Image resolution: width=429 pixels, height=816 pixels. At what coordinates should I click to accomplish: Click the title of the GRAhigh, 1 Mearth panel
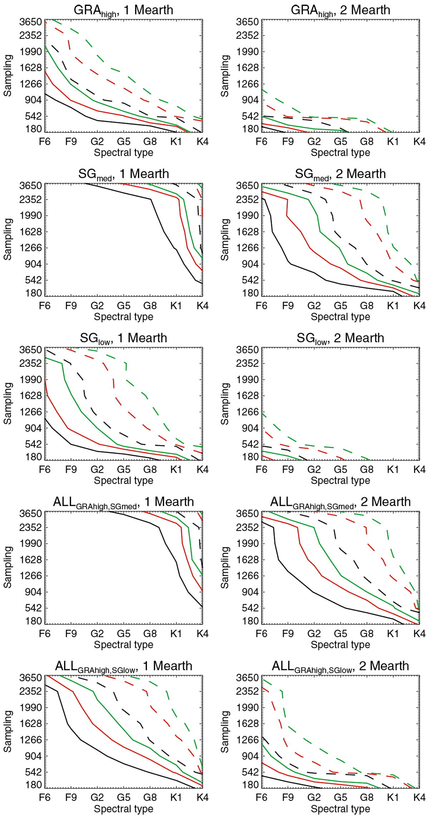pyautogui.click(x=123, y=10)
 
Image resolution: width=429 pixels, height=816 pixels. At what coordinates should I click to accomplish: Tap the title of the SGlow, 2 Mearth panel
pyautogui.click(x=340, y=338)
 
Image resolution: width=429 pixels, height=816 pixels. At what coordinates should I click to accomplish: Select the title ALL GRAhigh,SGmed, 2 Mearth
pyautogui.click(x=340, y=502)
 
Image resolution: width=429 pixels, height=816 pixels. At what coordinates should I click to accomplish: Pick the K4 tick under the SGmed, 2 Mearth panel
pyautogui.click(x=419, y=306)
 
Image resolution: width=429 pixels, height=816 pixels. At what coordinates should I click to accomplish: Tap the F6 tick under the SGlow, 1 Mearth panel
pyautogui.click(x=45, y=470)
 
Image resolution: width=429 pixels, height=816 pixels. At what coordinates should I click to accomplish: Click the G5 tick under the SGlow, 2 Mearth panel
pyautogui.click(x=340, y=470)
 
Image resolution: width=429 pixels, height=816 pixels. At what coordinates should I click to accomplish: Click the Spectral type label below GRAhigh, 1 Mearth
pyautogui.click(x=123, y=153)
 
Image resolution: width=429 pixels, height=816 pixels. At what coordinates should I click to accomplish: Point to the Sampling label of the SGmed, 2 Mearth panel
pyautogui.click(x=225, y=239)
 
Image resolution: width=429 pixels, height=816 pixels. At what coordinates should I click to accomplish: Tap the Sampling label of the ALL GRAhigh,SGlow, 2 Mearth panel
pyautogui.click(x=225, y=732)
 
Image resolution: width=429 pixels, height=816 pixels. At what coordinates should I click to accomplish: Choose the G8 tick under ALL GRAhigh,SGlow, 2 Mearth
pyautogui.click(x=366, y=798)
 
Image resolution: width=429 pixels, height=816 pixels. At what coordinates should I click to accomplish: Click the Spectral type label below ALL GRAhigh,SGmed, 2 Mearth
pyautogui.click(x=340, y=645)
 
